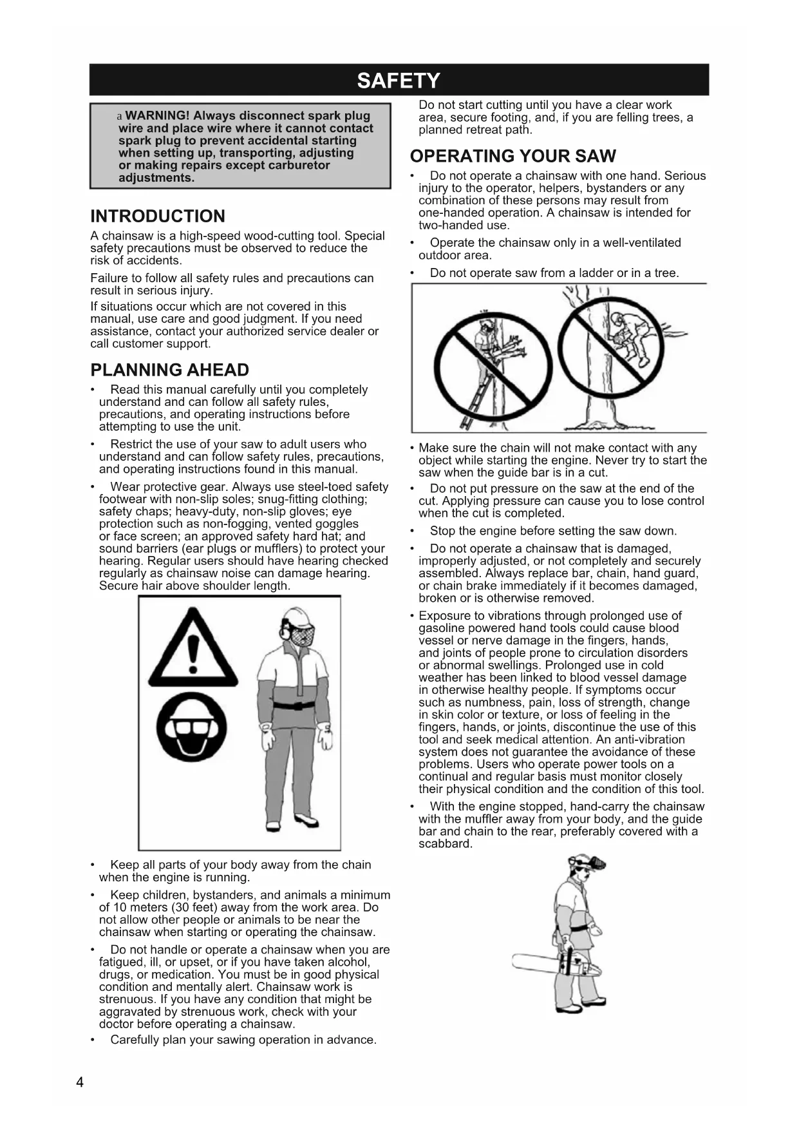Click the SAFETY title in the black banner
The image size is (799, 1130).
(x=399, y=81)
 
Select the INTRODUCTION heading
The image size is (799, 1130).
(x=158, y=216)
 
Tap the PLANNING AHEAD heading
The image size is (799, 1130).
(x=169, y=370)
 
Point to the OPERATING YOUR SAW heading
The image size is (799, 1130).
(x=512, y=157)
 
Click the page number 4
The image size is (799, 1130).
(x=80, y=1082)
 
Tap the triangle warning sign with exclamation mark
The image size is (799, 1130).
(x=193, y=651)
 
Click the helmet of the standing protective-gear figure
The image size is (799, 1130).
(x=296, y=619)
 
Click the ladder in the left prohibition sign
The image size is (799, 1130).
(x=476, y=393)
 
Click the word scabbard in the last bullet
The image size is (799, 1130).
(x=445, y=844)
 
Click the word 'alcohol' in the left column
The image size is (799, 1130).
(x=348, y=962)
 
